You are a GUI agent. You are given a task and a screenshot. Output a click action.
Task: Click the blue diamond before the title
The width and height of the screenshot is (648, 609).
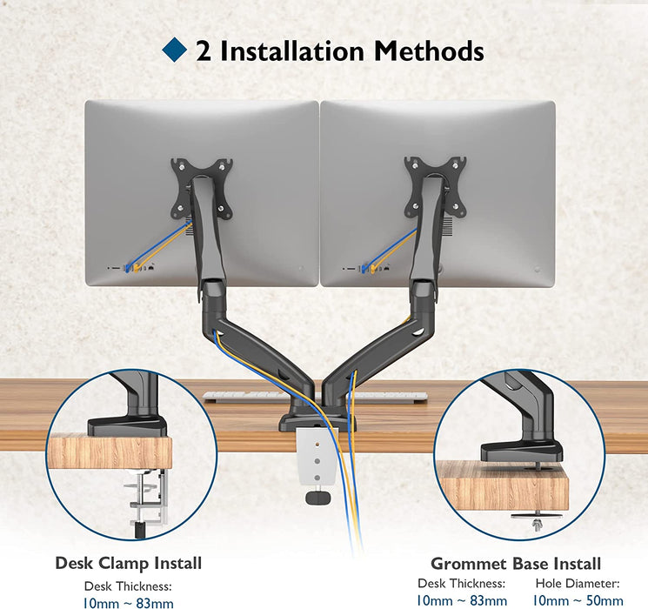click(176, 50)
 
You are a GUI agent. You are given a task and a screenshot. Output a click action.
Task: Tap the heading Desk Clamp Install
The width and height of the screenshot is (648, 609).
click(129, 564)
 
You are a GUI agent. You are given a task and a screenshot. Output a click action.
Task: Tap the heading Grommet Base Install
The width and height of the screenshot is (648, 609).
click(516, 565)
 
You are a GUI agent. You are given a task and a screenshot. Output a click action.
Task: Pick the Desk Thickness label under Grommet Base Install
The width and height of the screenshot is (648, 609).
click(461, 584)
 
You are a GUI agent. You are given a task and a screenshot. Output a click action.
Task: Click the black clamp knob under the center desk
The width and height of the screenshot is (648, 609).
click(318, 497)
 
